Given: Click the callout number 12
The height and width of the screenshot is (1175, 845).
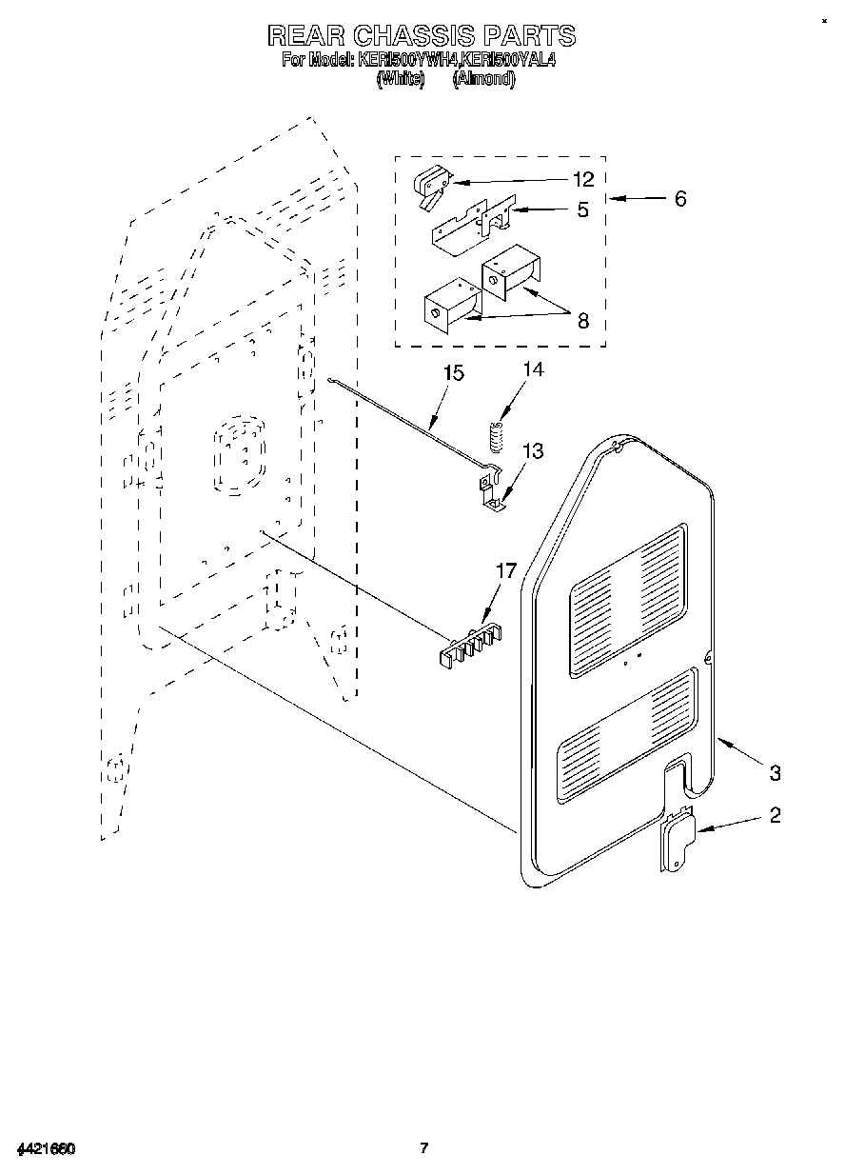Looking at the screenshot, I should click(583, 179).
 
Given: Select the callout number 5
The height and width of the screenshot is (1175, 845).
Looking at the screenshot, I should click(582, 209).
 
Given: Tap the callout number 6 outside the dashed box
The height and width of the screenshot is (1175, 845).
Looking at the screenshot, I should click(679, 199).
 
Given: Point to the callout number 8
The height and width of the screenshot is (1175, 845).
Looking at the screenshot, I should click(582, 321).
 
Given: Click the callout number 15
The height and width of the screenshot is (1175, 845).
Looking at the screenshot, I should click(454, 372).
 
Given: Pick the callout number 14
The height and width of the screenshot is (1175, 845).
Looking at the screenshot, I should click(534, 369).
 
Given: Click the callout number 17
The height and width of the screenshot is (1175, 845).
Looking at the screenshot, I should click(505, 570).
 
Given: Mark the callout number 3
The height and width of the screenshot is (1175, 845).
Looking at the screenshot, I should click(776, 772).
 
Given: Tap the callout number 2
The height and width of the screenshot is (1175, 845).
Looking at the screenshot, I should click(776, 815).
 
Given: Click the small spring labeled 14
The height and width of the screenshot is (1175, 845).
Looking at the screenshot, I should click(494, 435).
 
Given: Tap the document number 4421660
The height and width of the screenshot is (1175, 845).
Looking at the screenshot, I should click(45, 1148).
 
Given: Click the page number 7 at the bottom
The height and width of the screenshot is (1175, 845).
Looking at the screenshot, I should click(423, 1148).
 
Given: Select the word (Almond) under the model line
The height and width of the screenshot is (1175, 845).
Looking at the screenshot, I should click(484, 80).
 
